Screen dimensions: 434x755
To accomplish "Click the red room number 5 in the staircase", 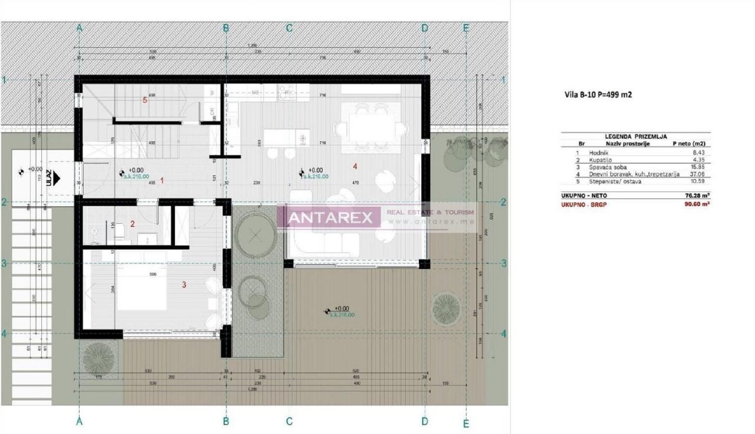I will (x=145, y=100).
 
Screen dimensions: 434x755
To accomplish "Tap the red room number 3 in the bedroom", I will (x=184, y=285).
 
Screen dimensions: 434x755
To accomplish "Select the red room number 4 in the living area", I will (x=354, y=167).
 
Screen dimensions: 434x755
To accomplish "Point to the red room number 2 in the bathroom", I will (x=133, y=224).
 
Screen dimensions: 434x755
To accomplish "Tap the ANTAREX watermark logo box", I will (x=328, y=218).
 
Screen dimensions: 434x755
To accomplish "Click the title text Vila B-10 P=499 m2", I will (x=598, y=94).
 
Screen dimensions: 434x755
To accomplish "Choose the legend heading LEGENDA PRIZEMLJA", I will (x=635, y=136).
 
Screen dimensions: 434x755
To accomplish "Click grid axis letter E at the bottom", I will (x=466, y=423).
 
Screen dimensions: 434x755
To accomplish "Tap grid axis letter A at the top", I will (x=80, y=28).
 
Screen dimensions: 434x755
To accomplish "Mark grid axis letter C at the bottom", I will (x=289, y=422).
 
